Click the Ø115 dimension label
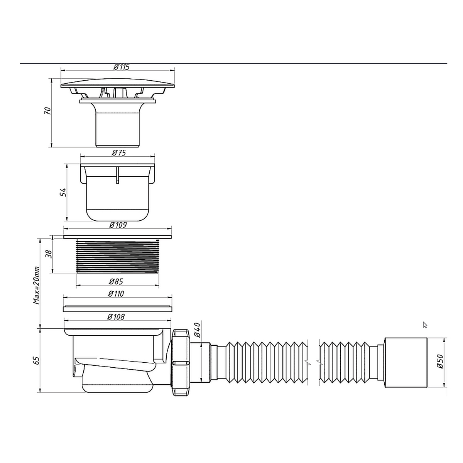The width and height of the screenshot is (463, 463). click(121, 67)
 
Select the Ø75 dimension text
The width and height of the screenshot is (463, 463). click(119, 153)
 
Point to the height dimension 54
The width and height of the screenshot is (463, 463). click(63, 192)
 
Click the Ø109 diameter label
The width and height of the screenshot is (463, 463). click(118, 225)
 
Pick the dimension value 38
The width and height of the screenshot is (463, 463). click(48, 254)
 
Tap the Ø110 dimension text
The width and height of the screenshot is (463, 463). click(116, 294)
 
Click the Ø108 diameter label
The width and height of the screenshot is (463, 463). click(116, 317)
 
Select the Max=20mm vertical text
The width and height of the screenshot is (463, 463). click(36, 285)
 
